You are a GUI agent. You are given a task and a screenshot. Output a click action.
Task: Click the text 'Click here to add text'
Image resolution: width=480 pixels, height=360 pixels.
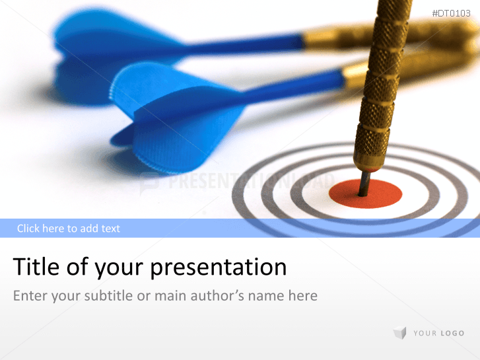(69, 229)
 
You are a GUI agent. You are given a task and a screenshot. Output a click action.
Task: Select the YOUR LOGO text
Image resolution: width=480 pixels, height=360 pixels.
(438, 334)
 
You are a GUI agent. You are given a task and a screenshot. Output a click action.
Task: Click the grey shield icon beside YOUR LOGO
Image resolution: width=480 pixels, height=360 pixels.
(399, 333)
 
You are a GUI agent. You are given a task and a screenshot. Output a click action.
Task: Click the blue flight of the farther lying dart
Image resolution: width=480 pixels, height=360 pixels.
(106, 43)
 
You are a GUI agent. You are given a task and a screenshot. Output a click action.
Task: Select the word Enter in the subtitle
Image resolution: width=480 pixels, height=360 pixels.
(30, 295)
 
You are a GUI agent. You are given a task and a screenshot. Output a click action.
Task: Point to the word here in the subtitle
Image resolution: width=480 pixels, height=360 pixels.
(302, 295)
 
